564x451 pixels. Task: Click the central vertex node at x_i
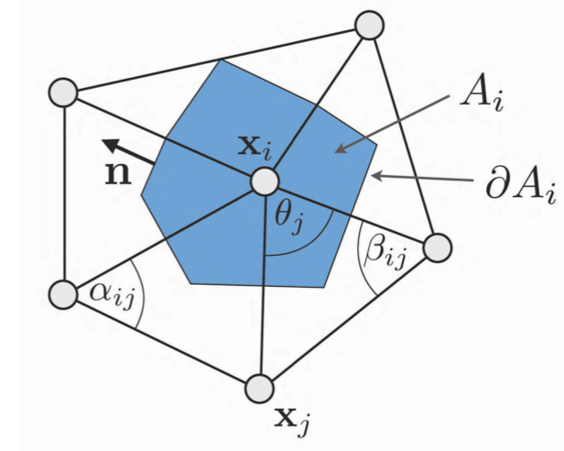pos(265,181)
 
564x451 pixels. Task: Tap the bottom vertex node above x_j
pos(259,389)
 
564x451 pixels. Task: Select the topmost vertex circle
pos(369,25)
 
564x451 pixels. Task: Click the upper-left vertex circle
pos(63,93)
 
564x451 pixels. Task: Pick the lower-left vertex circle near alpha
pos(63,294)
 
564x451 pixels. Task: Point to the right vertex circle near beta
pos(438,247)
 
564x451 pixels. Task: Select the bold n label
pos(118,173)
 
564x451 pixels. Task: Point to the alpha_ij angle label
pos(113,292)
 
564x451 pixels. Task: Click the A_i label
pos(483,97)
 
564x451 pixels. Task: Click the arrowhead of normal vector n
pos(111,145)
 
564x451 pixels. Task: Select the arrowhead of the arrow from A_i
pos(341,148)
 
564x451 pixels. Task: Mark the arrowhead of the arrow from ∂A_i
pos(376,176)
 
